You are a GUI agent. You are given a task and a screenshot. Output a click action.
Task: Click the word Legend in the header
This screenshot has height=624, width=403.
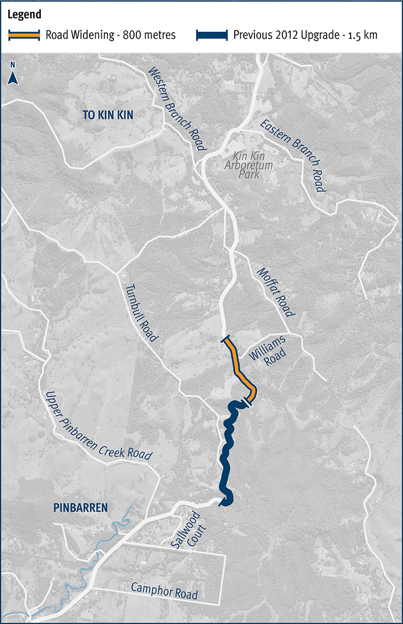point(24,15)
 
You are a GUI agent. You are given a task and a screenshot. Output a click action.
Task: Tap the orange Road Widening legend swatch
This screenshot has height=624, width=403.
point(24,35)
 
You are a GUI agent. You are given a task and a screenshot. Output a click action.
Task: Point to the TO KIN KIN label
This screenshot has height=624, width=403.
point(108,115)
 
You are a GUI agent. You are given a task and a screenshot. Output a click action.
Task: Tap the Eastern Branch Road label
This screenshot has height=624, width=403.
point(292,156)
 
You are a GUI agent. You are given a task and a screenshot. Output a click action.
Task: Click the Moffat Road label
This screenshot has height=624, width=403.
point(275,292)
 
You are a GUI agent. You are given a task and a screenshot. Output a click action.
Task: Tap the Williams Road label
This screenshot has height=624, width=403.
point(272,348)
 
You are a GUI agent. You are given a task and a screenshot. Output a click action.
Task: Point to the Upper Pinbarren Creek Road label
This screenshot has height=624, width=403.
point(98,426)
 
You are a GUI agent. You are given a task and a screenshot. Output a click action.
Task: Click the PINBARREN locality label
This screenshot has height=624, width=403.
point(80,507)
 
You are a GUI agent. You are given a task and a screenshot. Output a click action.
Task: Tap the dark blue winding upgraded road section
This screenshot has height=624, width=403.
point(226,453)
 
